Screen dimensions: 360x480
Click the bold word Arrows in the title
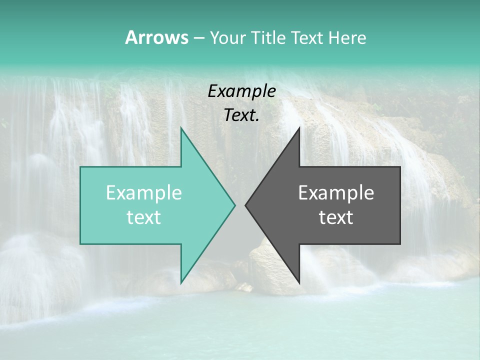[156, 37]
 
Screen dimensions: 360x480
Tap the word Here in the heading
[347, 37]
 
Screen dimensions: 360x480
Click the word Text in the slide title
[307, 37]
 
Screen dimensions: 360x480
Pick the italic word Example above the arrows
[241, 91]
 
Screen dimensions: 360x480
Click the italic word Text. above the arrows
[241, 115]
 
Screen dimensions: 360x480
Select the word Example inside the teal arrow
[144, 192]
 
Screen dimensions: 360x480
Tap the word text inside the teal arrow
[144, 217]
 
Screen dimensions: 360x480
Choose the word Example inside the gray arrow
[336, 192]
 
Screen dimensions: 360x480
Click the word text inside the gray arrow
[336, 217]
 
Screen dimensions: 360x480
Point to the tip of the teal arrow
[234, 205]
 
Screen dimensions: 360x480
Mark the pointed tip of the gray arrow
[246, 205]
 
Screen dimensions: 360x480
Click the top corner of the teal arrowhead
[181, 128]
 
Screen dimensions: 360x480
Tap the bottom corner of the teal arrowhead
[181, 282]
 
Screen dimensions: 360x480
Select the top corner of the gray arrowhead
[299, 128]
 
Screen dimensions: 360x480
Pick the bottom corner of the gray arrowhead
[299, 282]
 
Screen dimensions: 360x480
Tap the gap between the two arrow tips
[240, 205]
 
